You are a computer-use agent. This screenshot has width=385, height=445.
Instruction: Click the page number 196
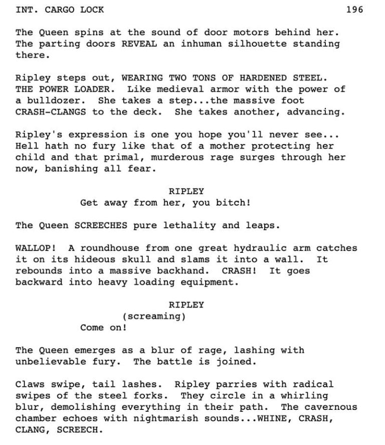coord(354,10)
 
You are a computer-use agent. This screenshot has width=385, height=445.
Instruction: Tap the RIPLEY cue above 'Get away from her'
coord(186,191)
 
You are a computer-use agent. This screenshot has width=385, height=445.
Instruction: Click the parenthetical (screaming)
coord(154,316)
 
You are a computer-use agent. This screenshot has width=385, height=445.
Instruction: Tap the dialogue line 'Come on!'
coord(103,328)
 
